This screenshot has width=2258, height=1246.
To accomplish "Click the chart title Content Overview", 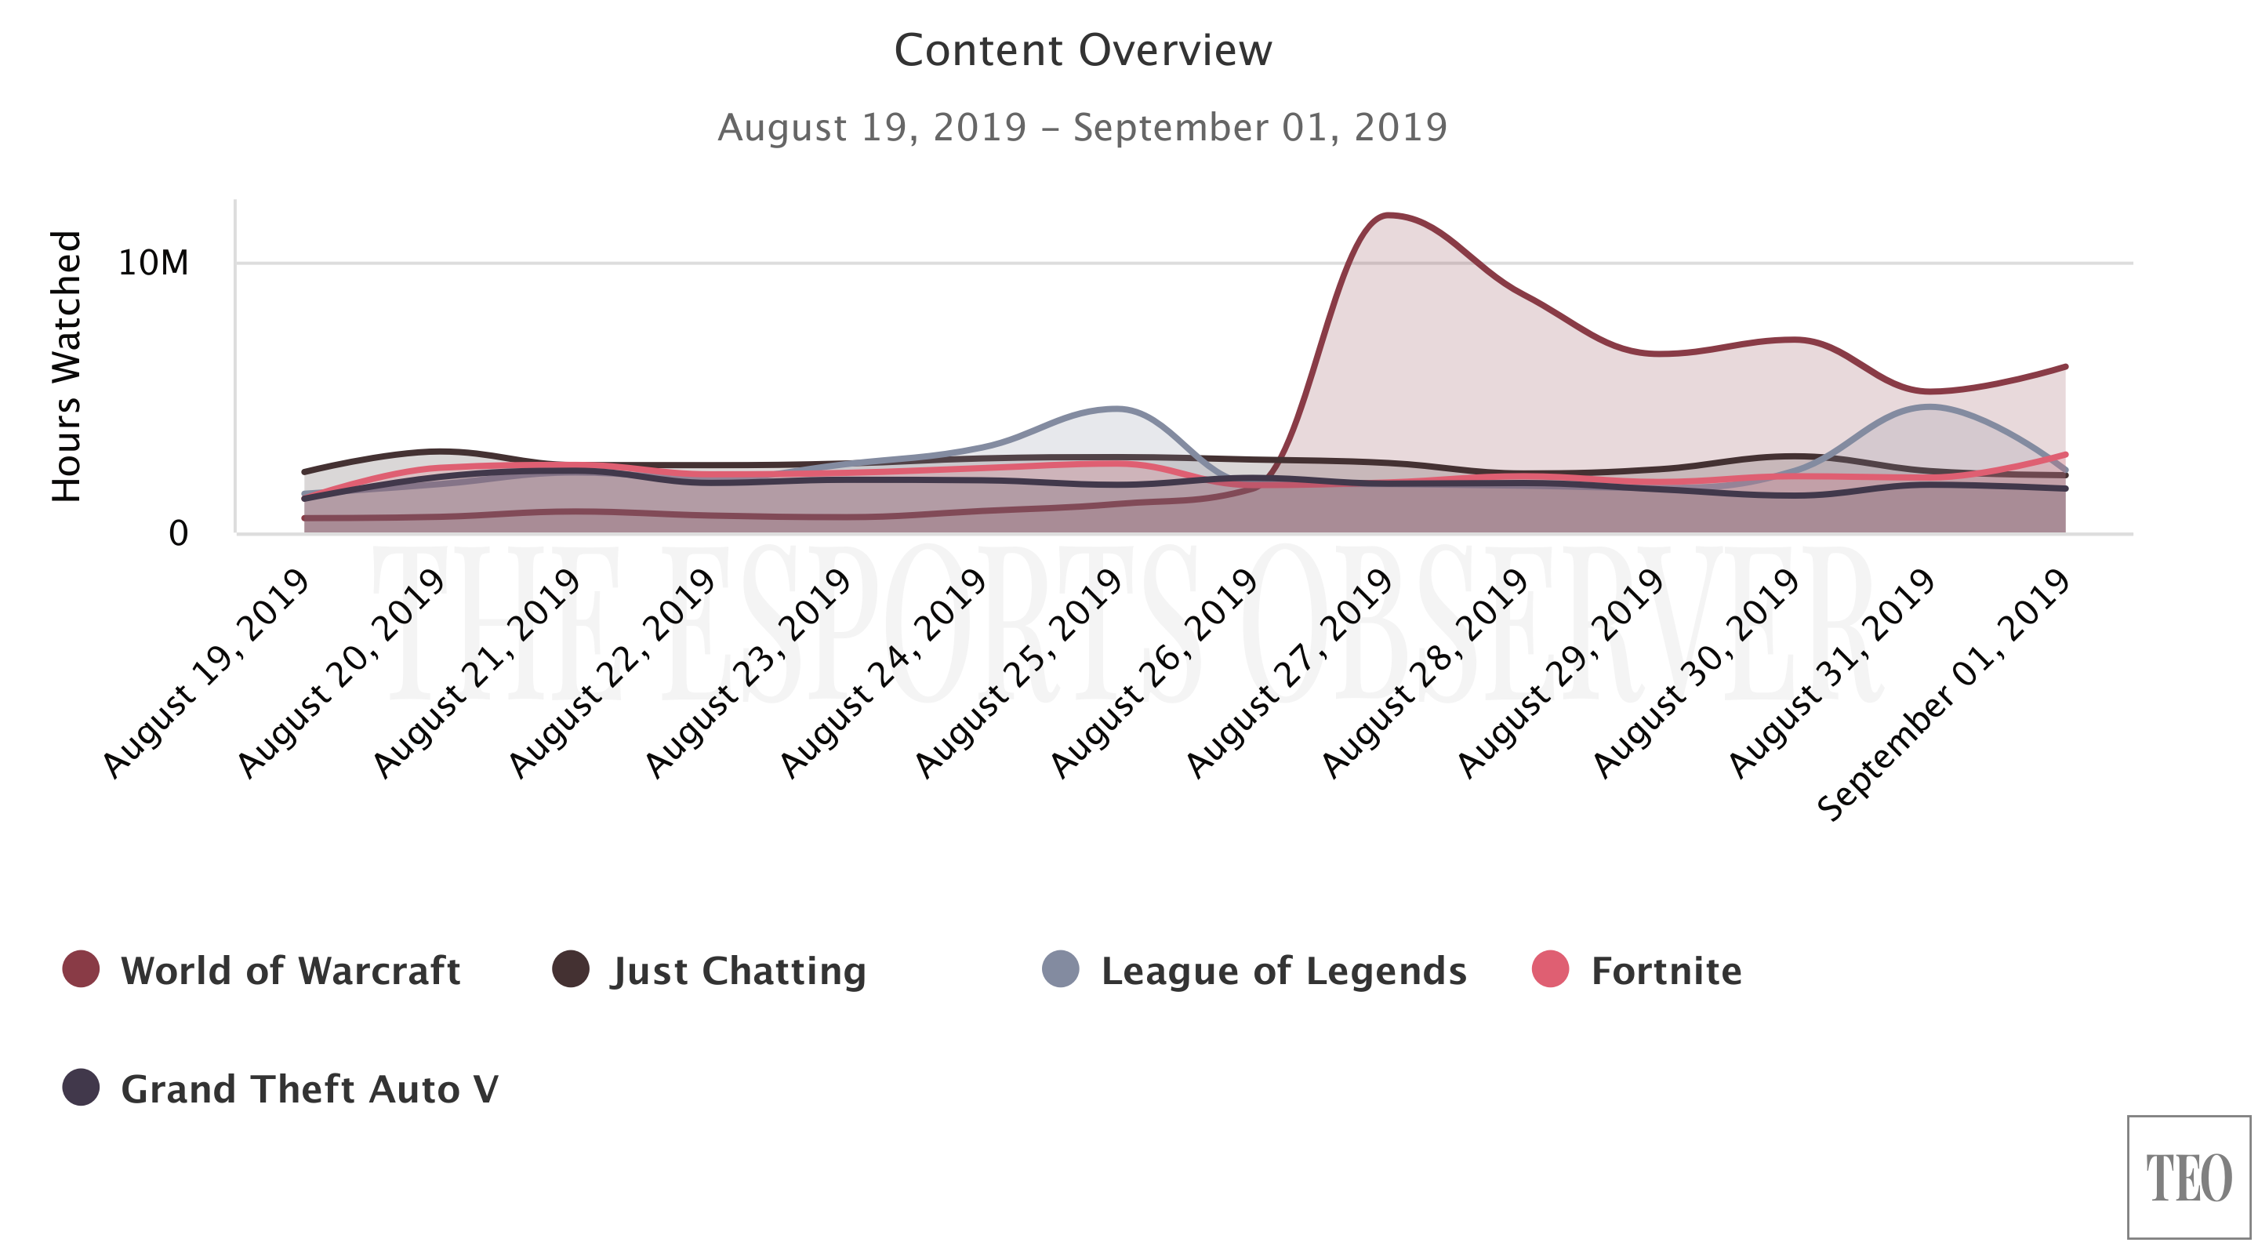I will coord(1083,50).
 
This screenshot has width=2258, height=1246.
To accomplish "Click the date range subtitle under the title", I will coord(1083,127).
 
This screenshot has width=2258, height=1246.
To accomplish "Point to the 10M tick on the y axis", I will coord(154,263).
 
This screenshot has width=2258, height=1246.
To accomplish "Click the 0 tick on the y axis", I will coord(178,533).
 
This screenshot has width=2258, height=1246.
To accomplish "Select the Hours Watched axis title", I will coord(67,366).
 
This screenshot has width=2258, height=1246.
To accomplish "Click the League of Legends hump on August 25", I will coord(1115,409).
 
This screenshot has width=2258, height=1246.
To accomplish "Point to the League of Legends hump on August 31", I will coord(1930,407).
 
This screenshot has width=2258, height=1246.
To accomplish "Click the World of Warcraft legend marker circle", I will coord(81,969).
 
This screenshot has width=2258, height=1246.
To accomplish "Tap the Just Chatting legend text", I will coord(738,971).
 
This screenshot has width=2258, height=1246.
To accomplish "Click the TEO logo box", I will coord(2188,1178).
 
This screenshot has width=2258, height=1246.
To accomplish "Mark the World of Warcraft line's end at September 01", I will coord(2065,368).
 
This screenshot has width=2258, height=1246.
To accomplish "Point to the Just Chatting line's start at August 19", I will coord(305,472).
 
